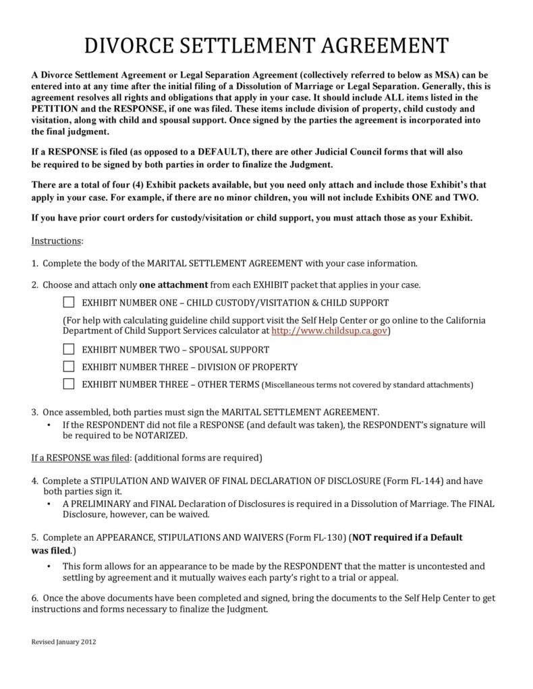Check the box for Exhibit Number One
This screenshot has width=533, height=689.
click(69, 302)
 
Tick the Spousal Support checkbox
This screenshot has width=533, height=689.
click(69, 349)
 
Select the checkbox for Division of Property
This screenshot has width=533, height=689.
click(69, 367)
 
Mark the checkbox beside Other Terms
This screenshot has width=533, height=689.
click(69, 384)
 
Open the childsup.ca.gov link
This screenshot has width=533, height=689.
click(329, 331)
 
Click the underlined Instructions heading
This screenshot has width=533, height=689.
click(57, 241)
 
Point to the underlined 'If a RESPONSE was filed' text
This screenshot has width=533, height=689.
click(80, 458)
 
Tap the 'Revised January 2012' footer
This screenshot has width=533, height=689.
click(63, 642)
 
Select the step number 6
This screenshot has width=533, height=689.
click(34, 598)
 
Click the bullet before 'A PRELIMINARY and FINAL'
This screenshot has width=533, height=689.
click(49, 504)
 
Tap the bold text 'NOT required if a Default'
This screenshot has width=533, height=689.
click(408, 537)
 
